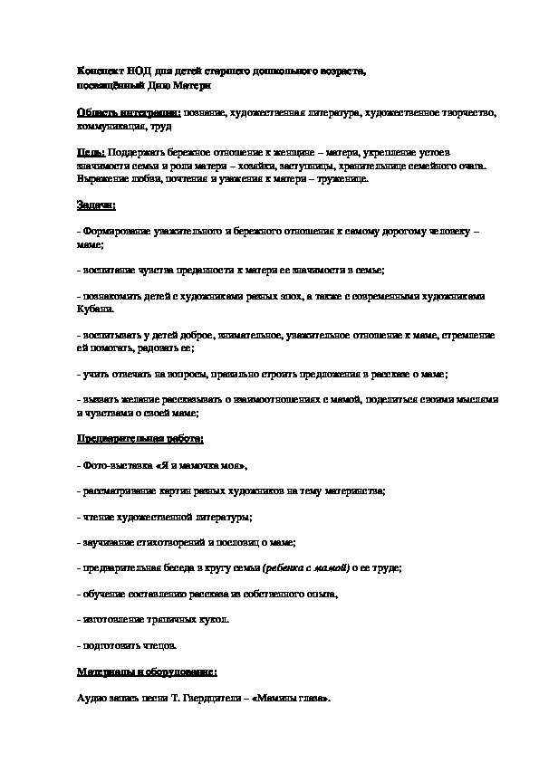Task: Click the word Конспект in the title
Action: (98, 71)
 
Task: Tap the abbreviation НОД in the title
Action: (136, 71)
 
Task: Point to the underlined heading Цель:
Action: (91, 153)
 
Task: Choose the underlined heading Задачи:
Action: (97, 206)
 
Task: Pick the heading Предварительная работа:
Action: (140, 439)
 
